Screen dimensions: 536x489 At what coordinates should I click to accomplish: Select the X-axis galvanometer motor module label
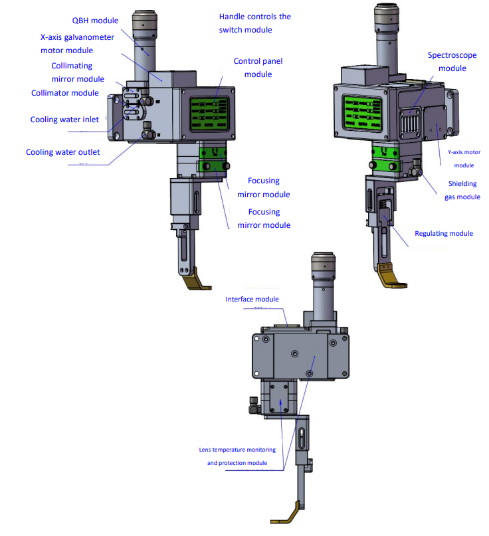(76, 44)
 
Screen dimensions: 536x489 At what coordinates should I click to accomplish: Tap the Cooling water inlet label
(64, 120)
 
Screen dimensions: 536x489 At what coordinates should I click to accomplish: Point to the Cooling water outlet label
(62, 152)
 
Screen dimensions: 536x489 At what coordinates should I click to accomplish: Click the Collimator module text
(64, 93)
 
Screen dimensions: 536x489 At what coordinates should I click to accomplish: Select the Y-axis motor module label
(459, 159)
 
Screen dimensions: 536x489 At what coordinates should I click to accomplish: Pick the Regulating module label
(443, 233)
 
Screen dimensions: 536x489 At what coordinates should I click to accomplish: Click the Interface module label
(252, 300)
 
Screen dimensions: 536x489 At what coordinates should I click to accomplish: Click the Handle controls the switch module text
(254, 23)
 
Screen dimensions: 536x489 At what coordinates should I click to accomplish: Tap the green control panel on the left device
(209, 113)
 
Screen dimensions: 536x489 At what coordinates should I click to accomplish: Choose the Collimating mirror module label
(78, 72)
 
